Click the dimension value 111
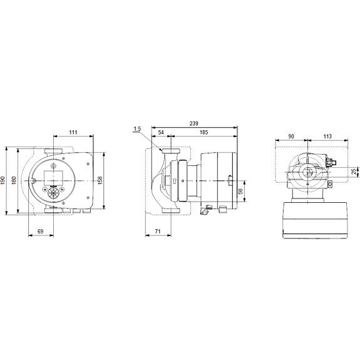tap(73, 132)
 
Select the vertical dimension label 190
tap(3, 181)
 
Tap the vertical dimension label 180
tap(14, 181)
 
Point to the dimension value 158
tap(100, 181)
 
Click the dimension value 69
tap(41, 231)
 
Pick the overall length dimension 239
tap(194, 123)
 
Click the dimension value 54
tap(161, 132)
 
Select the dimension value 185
tap(203, 132)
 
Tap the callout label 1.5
tap(137, 129)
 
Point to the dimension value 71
tap(158, 231)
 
